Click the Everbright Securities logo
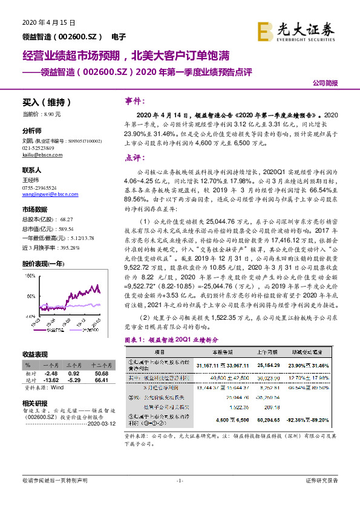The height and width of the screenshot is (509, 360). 306,29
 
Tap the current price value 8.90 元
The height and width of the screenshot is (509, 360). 52,114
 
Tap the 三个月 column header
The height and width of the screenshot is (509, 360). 73,366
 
